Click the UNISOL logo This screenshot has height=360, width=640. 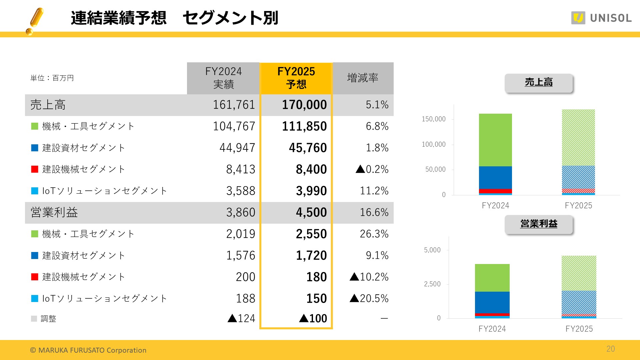coord(601,18)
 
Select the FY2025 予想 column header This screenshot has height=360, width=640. coord(296,78)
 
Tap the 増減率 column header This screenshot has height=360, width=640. coord(363,78)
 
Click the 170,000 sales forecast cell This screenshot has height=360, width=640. coord(304,105)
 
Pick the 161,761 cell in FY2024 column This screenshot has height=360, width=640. coord(234,105)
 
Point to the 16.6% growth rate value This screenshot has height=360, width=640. coord(374,212)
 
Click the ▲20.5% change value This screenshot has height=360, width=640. coord(369,298)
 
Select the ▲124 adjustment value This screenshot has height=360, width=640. coord(241,318)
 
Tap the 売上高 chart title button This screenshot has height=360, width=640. coord(539,82)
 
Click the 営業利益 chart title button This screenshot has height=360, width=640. coord(539,224)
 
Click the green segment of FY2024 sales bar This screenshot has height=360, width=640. coord(495,140)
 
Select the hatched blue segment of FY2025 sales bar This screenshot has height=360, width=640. coord(578,177)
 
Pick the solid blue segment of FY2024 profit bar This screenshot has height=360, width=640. coord(492,302)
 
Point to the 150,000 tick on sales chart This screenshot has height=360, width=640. coord(433,119)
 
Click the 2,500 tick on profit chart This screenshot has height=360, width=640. coord(432,284)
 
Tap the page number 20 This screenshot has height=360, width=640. coord(610,349)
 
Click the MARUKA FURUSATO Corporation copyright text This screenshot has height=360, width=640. coord(88,350)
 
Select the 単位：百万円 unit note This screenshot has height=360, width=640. coord(52,78)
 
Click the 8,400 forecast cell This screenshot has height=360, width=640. coord(311,169)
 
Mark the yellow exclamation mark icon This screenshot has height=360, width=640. coord(35,21)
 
